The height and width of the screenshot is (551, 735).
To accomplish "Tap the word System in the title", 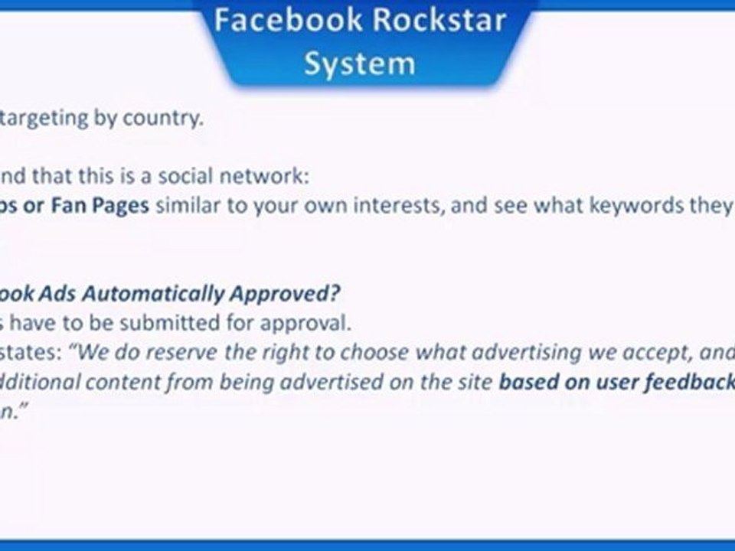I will pyautogui.click(x=359, y=64).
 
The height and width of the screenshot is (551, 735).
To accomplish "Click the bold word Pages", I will pyautogui.click(x=121, y=207).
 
